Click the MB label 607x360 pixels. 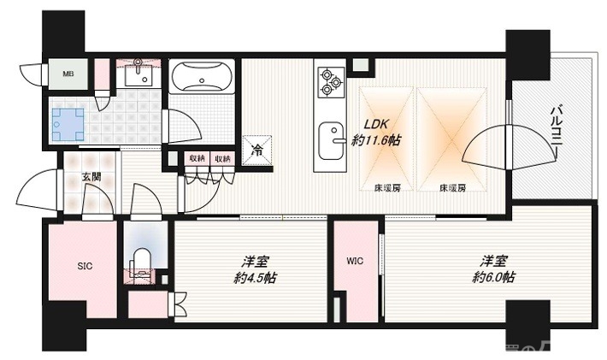(68, 74)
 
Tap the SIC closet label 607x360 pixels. (84, 266)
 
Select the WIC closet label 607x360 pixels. (356, 262)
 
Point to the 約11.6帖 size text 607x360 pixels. (376, 140)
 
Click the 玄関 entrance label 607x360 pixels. (90, 177)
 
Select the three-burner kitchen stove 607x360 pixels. (330, 82)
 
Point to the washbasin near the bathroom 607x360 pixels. (133, 76)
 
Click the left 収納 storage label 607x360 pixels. (197, 158)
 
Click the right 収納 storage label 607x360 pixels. (222, 158)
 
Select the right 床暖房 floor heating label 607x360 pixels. (453, 187)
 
